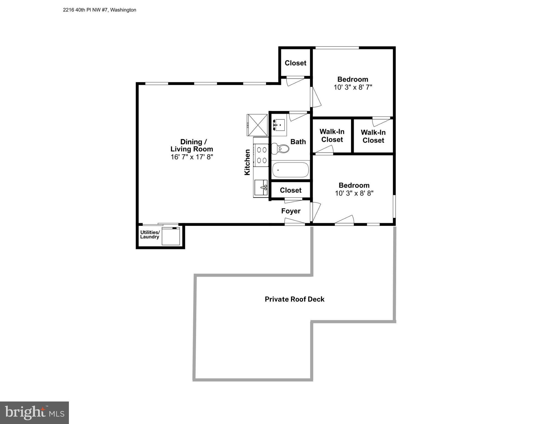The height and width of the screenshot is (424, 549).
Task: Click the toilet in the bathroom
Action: pos(281,149)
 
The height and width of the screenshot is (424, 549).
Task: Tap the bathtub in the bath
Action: pos(290,170)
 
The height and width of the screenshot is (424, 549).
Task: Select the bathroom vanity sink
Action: pos(279,125)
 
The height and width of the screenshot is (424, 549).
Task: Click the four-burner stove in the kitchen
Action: pos(261,155)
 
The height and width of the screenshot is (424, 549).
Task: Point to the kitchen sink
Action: pos(261,187)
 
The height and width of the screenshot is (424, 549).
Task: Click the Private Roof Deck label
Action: pos(295,299)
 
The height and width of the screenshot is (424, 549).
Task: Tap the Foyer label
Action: pos(291,211)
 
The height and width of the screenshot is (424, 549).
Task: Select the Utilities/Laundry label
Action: pos(150,235)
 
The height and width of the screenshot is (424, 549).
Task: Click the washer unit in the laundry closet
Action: pos(171,236)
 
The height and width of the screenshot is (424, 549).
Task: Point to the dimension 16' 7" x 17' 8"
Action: pos(192,157)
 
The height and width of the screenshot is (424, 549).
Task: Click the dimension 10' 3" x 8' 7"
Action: pos(353,87)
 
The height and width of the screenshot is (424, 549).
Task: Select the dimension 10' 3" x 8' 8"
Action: pos(354,193)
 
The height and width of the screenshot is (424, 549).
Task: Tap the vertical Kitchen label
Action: pos(247,162)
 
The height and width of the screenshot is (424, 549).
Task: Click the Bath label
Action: pos(298,142)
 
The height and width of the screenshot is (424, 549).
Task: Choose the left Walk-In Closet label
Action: pos(332,136)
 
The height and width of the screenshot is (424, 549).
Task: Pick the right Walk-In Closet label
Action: pos(373,136)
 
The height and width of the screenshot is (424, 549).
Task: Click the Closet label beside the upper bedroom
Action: pos(295,63)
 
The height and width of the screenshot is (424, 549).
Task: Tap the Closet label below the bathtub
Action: pos(291,190)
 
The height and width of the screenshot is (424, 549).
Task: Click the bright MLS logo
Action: pos(34,412)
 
